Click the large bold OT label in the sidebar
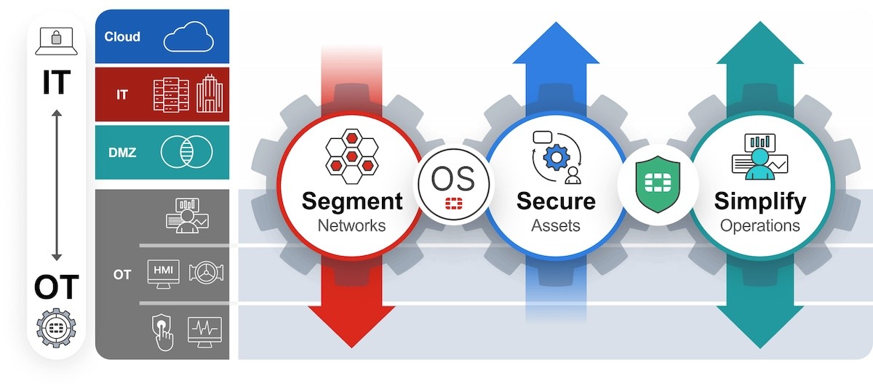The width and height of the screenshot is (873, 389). [56, 288]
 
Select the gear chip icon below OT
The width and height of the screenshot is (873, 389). [56, 326]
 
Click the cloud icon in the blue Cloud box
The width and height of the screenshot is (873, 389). [188, 36]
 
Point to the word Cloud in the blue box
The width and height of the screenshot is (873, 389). [122, 36]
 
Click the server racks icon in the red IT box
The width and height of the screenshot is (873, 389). [171, 95]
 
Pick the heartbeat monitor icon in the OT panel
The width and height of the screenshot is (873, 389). [204, 331]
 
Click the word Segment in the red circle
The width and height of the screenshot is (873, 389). [351, 201]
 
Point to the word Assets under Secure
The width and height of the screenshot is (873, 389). [555, 225]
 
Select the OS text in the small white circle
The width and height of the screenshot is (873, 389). [453, 177]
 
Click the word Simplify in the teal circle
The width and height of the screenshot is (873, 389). [760, 201]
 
